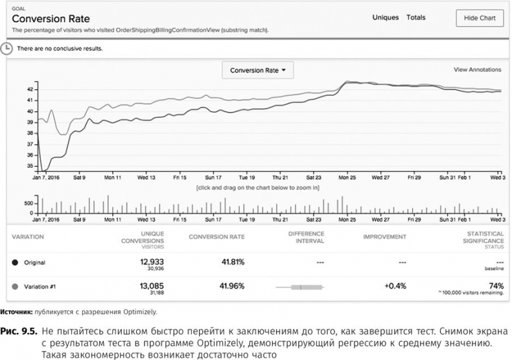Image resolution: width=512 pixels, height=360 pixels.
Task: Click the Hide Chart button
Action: pyautogui.click(x=480, y=18)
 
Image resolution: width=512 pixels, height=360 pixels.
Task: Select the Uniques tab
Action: pyautogui.click(x=386, y=17)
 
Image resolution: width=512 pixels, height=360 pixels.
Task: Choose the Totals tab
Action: pyautogui.click(x=415, y=17)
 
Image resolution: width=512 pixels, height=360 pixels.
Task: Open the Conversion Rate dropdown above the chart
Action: pyautogui.click(x=258, y=70)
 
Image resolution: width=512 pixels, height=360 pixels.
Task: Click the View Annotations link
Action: pyautogui.click(x=477, y=69)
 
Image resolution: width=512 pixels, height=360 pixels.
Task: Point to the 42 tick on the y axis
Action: pyautogui.click(x=30, y=89)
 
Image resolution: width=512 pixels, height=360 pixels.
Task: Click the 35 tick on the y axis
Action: pyautogui.click(x=30, y=166)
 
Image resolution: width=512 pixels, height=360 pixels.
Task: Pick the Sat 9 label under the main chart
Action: pyautogui.click(x=79, y=176)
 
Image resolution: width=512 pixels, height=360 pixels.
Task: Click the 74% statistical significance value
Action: pyautogui.click(x=495, y=284)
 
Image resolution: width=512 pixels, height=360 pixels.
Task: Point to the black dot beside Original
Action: pyautogui.click(x=15, y=262)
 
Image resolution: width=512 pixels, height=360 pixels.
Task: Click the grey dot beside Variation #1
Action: pyautogui.click(x=15, y=286)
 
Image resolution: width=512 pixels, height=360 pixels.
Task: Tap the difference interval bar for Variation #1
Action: pyautogui.click(x=299, y=286)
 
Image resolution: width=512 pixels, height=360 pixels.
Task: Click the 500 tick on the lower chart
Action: pyautogui.click(x=28, y=203)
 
